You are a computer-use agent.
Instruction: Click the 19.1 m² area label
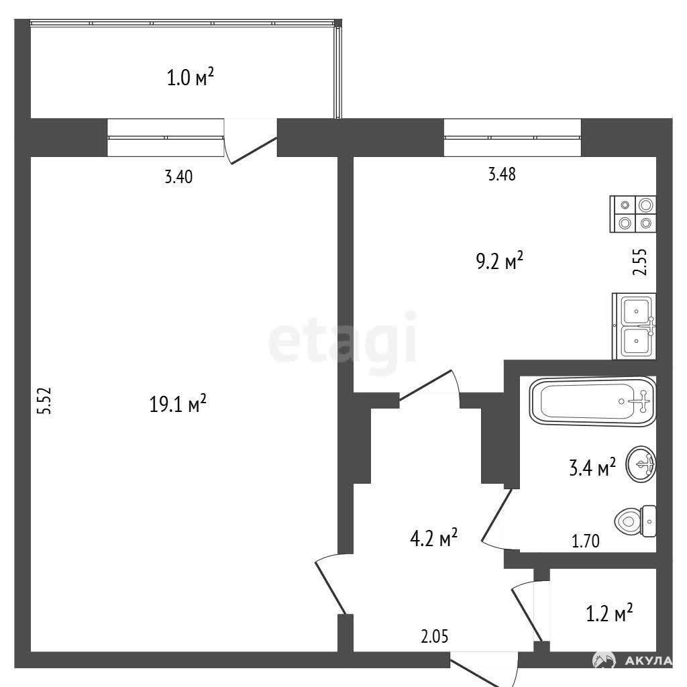tap(178, 403)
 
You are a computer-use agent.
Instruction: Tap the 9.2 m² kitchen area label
tap(499, 262)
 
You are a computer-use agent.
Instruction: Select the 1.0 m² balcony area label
tap(191, 78)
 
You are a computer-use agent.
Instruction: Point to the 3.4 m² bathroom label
tap(592, 468)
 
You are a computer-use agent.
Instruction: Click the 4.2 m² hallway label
tap(434, 537)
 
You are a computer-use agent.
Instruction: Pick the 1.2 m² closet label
tap(609, 613)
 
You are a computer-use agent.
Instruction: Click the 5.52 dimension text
tap(45, 401)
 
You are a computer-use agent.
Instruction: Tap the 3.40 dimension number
tap(178, 177)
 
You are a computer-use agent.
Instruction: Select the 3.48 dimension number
tap(502, 174)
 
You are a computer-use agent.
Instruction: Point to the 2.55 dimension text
tap(640, 262)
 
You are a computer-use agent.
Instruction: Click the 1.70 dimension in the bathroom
tap(586, 541)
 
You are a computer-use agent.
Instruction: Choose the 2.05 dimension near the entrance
tap(435, 636)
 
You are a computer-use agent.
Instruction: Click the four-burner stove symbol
tap(633, 214)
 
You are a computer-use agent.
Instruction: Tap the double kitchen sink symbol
tap(634, 327)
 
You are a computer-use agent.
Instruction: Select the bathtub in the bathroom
tap(592, 401)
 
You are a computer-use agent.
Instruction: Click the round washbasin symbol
tap(641, 464)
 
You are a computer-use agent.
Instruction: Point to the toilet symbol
tap(635, 521)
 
